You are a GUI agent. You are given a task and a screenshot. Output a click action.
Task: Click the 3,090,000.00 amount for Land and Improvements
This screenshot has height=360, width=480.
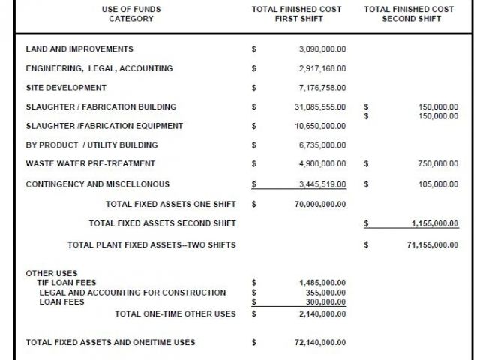click(x=322, y=49)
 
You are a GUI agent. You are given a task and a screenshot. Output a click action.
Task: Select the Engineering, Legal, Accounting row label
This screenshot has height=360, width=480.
click(x=99, y=68)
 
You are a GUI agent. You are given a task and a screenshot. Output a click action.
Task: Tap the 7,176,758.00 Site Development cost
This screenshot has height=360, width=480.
click(x=322, y=88)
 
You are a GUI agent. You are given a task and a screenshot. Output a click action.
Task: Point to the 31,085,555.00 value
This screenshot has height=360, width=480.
click(x=320, y=107)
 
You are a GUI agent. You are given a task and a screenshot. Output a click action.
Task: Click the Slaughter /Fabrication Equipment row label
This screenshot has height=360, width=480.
click(x=104, y=126)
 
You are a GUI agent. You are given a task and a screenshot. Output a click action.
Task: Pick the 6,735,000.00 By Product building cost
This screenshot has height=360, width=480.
click(x=322, y=145)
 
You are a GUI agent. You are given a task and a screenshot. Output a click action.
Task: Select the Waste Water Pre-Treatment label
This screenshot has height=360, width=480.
click(x=90, y=163)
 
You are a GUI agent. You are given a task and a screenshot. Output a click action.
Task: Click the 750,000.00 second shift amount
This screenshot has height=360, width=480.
click(x=438, y=163)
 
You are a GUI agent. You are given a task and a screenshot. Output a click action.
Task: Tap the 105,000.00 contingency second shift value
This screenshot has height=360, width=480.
click(x=438, y=184)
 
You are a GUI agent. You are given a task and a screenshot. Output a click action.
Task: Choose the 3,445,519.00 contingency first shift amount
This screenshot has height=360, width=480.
click(x=322, y=184)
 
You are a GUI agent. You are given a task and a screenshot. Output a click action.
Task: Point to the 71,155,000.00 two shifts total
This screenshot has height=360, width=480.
click(x=432, y=244)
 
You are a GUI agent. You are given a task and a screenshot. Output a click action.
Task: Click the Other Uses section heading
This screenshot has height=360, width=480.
click(x=52, y=273)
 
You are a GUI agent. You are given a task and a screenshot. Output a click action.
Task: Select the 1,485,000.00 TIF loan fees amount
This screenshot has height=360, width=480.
click(x=322, y=283)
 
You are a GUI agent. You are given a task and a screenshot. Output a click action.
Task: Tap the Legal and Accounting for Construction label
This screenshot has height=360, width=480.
click(x=133, y=292)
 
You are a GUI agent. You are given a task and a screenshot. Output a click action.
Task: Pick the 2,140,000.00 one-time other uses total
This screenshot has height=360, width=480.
click(x=322, y=313)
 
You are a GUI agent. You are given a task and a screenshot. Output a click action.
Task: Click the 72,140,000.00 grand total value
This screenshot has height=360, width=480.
click(x=320, y=342)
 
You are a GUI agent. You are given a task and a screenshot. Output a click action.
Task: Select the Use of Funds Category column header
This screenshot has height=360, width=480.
click(x=131, y=13)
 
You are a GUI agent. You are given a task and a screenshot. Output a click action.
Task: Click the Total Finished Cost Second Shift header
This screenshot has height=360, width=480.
click(x=409, y=13)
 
